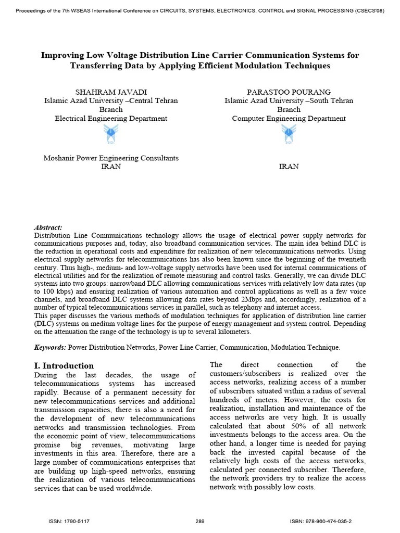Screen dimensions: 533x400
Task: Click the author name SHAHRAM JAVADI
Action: pyautogui.click(x=111, y=92)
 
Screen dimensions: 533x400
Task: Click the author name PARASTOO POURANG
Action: pyautogui.click(x=289, y=92)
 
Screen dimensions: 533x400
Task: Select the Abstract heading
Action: pyautogui.click(x=48, y=227)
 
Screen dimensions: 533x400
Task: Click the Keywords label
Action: pyautogui.click(x=50, y=347)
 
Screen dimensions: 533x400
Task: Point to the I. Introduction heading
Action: pyautogui.click(x=64, y=365)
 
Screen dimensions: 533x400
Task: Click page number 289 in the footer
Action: pyautogui.click(x=200, y=521)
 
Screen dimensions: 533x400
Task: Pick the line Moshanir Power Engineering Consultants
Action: pyautogui.click(x=111, y=158)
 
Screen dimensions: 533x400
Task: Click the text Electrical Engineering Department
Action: pyautogui.click(x=111, y=118)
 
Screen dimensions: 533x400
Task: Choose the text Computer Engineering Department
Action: pyautogui.click(x=289, y=118)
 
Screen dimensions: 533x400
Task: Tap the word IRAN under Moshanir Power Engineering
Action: pyautogui.click(x=111, y=167)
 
